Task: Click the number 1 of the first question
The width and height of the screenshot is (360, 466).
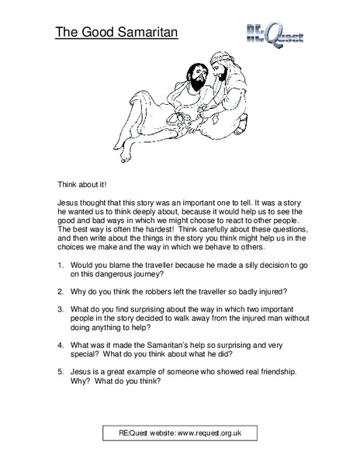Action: [61, 266]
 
